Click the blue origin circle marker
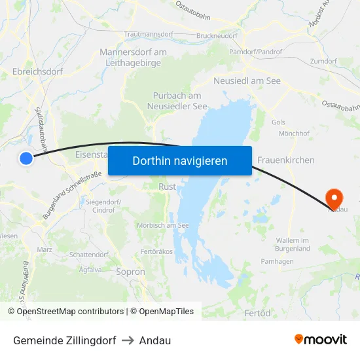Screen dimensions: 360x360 [26, 158]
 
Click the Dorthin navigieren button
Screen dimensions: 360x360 [180, 160]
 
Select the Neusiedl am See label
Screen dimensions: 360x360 [247, 81]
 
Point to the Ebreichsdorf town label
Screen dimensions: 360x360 [37, 72]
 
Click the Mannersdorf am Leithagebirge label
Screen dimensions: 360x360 [133, 58]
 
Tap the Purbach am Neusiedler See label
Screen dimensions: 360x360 [177, 101]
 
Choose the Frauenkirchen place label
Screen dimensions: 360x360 [286, 160]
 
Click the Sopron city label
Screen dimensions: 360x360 [130, 271]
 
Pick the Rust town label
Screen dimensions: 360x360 [167, 187]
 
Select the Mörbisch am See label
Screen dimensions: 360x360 [163, 225]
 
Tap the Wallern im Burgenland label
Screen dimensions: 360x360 [292, 245]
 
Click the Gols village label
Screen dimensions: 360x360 [278, 122]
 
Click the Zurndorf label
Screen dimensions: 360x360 [323, 61]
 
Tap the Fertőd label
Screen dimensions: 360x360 [257, 314]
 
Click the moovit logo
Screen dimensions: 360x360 [320, 339]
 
